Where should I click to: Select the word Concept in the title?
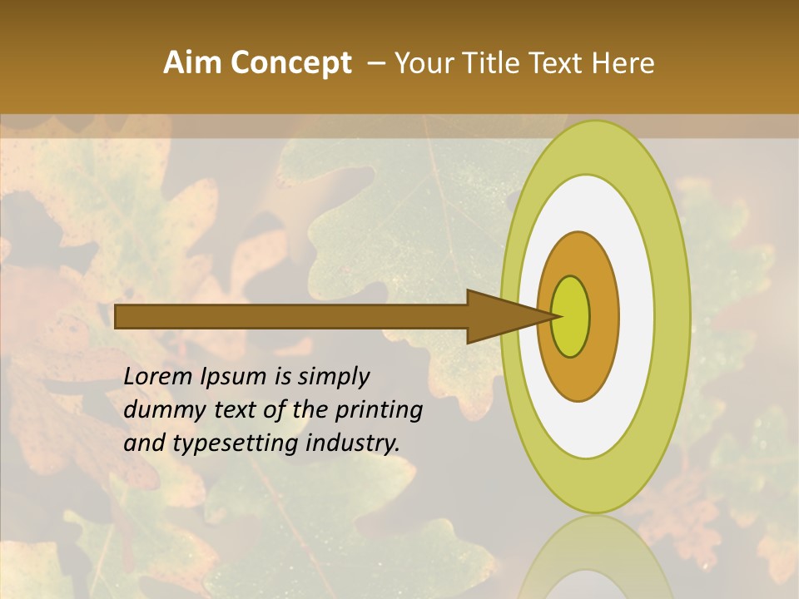coord(290,63)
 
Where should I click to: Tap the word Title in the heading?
coord(492,63)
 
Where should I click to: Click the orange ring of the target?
coord(603,316)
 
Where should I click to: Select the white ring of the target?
coord(636,316)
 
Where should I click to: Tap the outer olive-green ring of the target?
coord(672,316)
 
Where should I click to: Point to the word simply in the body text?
coord(333,378)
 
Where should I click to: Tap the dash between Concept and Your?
coord(375,64)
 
